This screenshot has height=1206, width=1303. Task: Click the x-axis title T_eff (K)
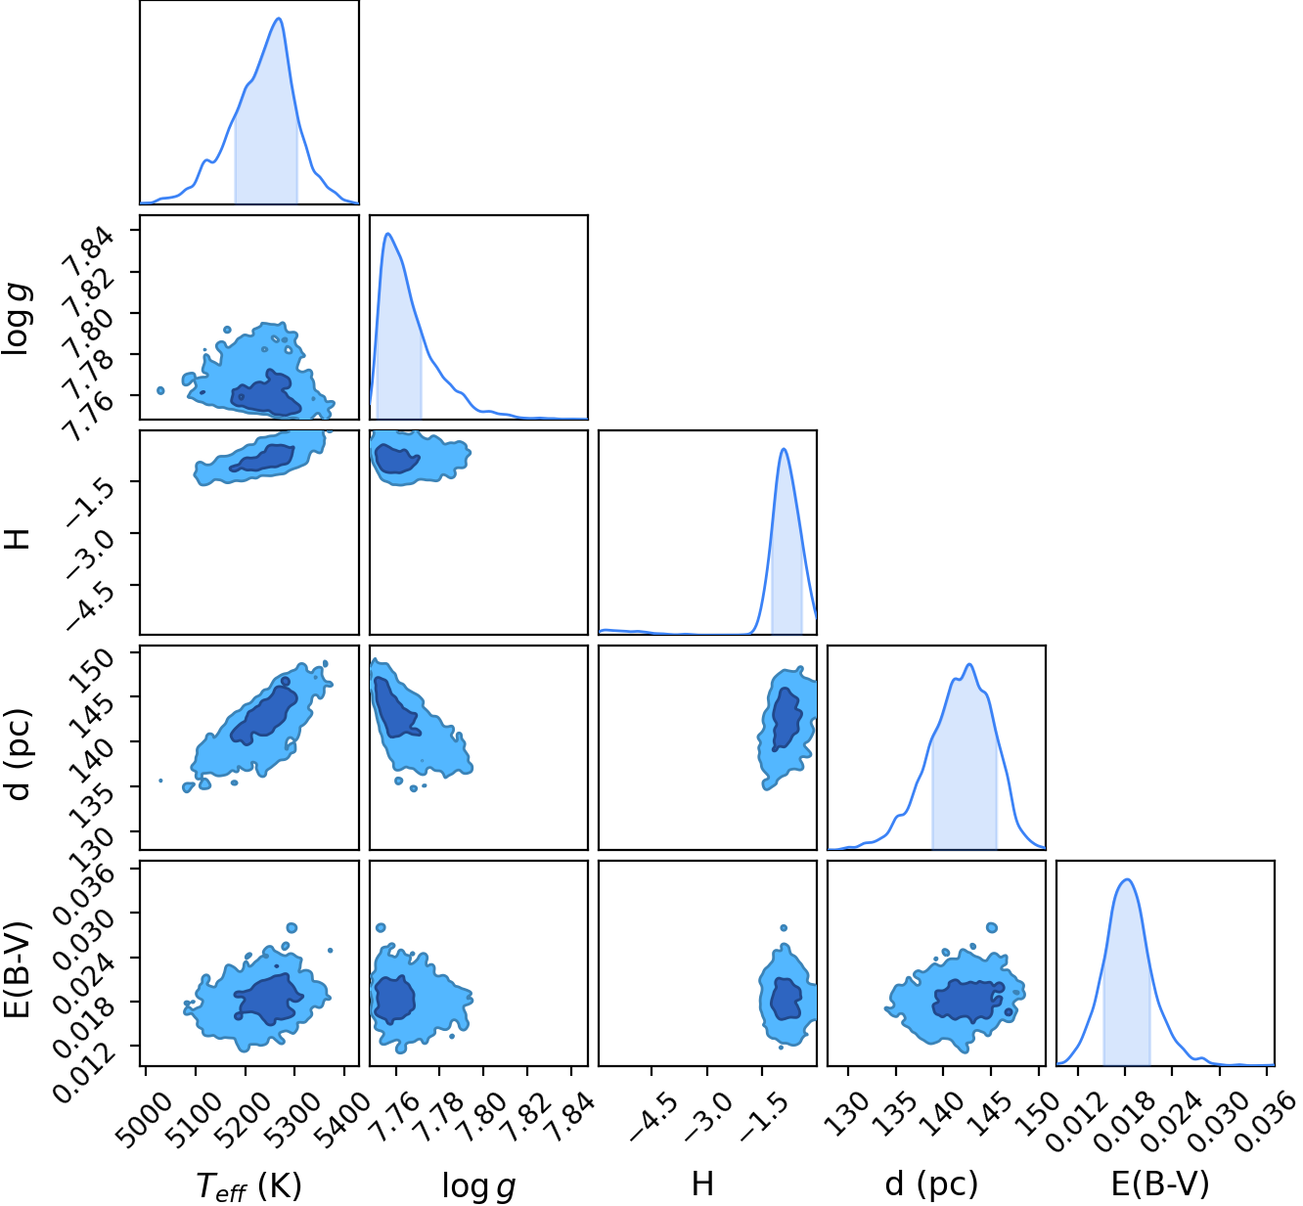[248, 1185]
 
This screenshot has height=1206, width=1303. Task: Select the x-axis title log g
[479, 1185]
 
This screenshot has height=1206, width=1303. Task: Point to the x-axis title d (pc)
[931, 1185]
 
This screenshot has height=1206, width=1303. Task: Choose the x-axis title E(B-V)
[1160, 1184]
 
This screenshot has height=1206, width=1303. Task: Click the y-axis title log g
[17, 320]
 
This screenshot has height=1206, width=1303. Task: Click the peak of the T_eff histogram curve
[279, 18]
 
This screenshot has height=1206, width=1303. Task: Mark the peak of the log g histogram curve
[388, 234]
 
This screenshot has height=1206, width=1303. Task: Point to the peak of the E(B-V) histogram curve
[1127, 879]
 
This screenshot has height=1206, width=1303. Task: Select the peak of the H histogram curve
[784, 449]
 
